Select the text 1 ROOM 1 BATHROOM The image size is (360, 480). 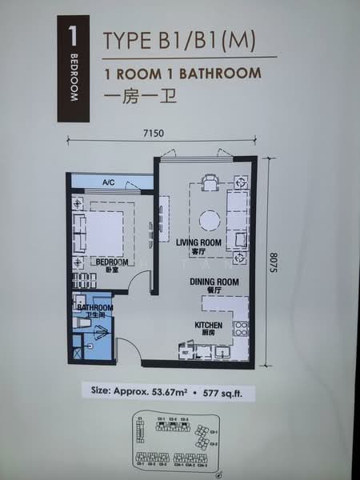(183, 73)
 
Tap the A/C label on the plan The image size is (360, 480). (109, 183)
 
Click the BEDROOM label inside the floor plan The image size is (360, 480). (112, 262)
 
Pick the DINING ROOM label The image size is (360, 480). (214, 282)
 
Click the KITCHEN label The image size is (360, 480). (207, 325)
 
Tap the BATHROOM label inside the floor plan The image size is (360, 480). (94, 308)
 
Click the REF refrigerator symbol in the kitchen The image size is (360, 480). (185, 350)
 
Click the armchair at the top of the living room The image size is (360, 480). (210, 183)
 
